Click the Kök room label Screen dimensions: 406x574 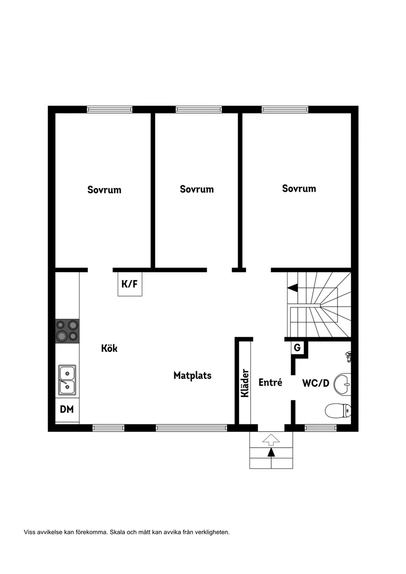pyautogui.click(x=109, y=348)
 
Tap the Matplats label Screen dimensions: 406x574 pyautogui.click(x=192, y=375)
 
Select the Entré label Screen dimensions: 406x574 pyautogui.click(x=271, y=382)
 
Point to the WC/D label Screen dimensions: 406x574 pyautogui.click(x=315, y=383)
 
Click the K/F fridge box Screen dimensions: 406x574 pyautogui.click(x=130, y=284)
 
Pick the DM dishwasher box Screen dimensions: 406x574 pyautogui.click(x=67, y=409)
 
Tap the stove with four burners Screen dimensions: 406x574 pyautogui.click(x=67, y=331)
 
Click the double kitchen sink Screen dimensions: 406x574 pyautogui.click(x=67, y=380)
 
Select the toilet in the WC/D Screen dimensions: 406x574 pyautogui.click(x=338, y=410)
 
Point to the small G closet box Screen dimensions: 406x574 pyautogui.click(x=297, y=347)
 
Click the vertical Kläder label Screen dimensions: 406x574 pyautogui.click(x=245, y=383)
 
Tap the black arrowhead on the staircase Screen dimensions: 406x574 pyautogui.click(x=292, y=288)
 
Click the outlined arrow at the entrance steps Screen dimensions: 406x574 pyautogui.click(x=271, y=439)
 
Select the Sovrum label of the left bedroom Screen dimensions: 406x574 pyautogui.click(x=104, y=190)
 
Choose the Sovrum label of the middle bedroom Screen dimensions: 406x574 pyautogui.click(x=197, y=189)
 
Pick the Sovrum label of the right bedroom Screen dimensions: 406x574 pyautogui.click(x=299, y=188)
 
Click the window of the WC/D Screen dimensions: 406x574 pyautogui.click(x=321, y=428)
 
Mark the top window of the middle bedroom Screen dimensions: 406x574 pyautogui.click(x=199, y=110)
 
